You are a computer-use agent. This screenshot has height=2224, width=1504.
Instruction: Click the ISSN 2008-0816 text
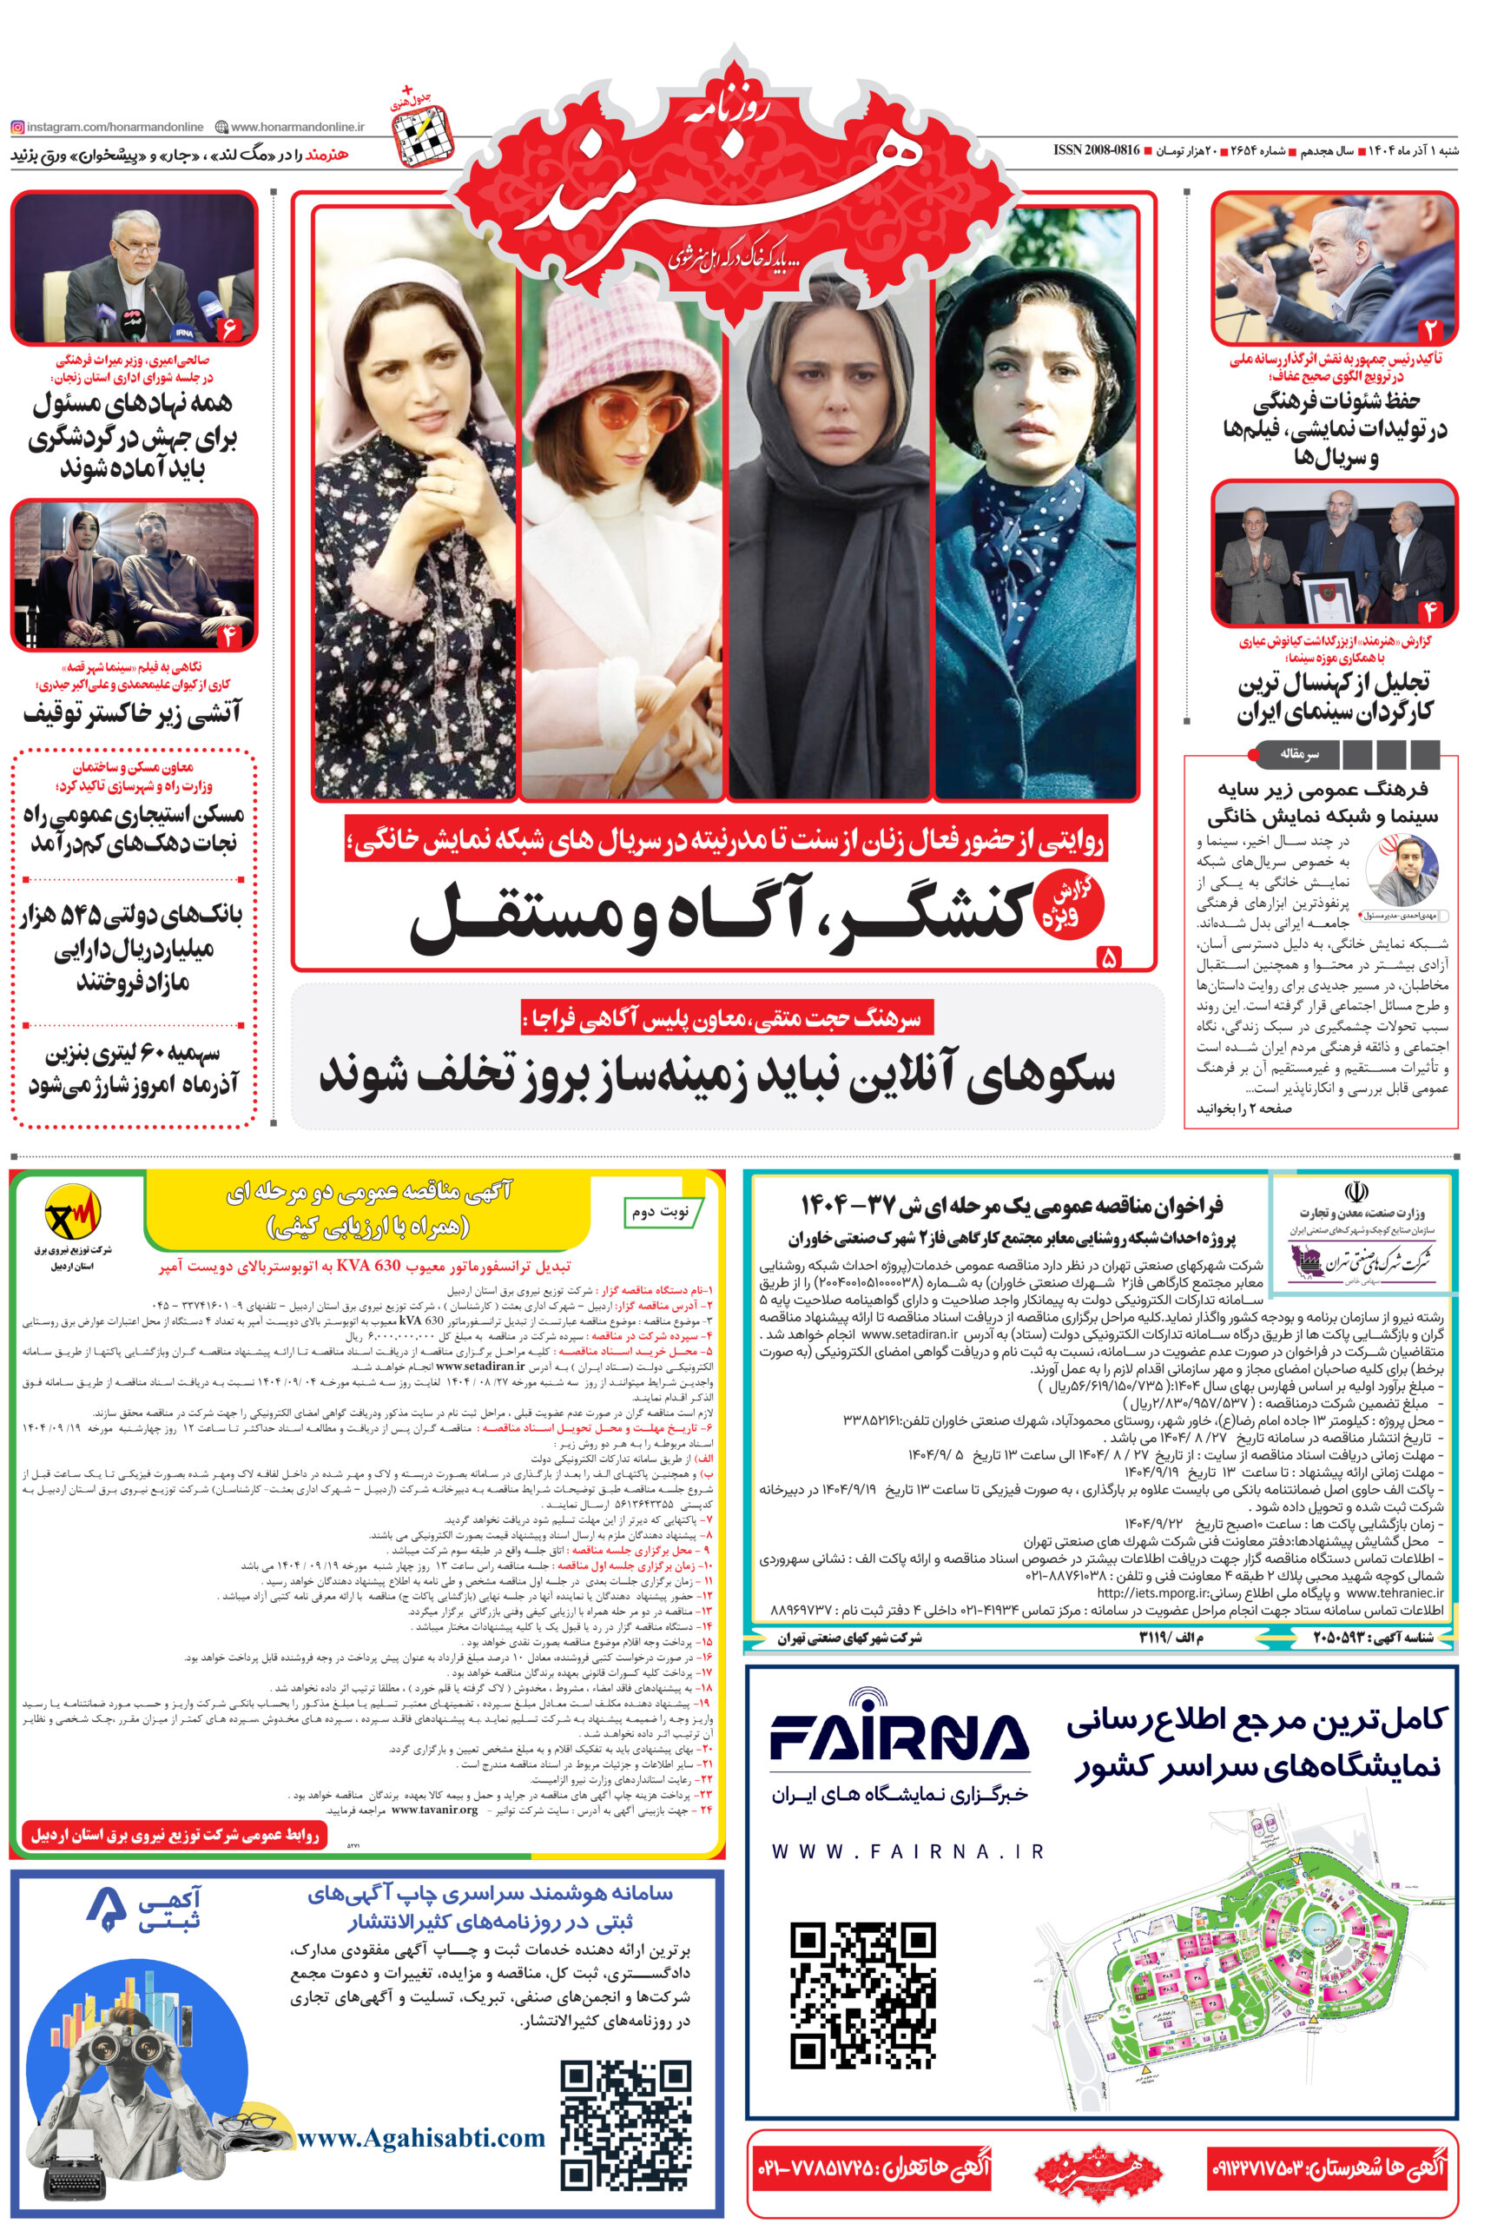tap(1096, 150)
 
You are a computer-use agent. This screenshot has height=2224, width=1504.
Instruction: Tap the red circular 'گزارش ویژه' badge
tap(1070, 903)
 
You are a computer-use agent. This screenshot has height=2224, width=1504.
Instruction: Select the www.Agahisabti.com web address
tap(421, 2138)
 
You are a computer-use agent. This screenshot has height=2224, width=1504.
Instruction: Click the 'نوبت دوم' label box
tap(660, 1212)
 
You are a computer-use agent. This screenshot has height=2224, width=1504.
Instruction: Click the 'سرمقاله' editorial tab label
tap(1299, 754)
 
